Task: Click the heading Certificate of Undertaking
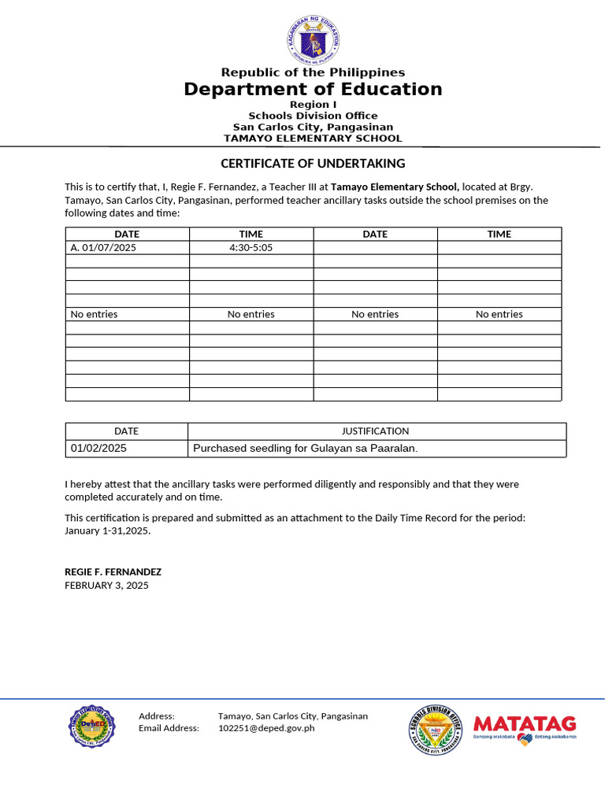313,164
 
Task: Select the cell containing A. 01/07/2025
103,247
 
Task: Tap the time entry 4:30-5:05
251,247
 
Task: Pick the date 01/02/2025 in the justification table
98,449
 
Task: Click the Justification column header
375,431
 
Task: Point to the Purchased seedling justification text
305,449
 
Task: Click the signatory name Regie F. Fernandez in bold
113,572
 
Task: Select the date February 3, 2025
106,586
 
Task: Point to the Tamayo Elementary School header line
313,139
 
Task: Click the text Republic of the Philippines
313,72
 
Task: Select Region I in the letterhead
313,105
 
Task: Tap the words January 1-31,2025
106,531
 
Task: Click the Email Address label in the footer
169,729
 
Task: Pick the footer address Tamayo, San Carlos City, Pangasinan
292,716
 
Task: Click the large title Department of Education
313,89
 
